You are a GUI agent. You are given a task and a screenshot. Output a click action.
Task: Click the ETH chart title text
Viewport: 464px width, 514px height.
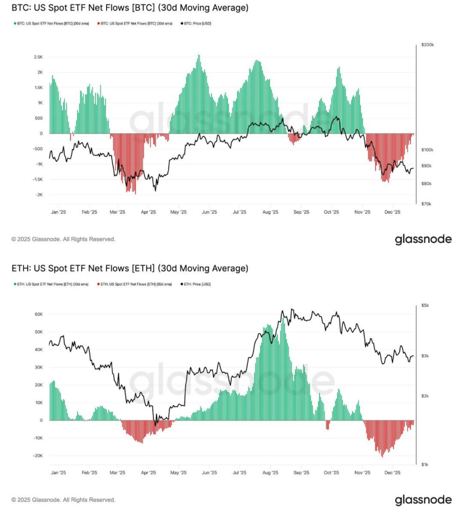pos(130,269)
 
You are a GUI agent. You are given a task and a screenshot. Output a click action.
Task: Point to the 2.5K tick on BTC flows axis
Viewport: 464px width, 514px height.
pos(38,57)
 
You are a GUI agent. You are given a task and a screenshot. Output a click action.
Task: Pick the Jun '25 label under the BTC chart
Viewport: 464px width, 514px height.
pos(210,213)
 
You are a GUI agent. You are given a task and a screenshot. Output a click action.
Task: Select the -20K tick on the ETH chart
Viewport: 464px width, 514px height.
pos(38,456)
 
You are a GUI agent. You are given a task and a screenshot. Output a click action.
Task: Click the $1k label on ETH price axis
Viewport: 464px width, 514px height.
pos(425,464)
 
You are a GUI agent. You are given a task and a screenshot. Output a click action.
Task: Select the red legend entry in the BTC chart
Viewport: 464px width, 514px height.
pos(134,24)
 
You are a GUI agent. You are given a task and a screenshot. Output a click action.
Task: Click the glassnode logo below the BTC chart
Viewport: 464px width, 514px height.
pos(423,240)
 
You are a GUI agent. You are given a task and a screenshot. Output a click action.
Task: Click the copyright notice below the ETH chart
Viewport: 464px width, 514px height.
pos(63,500)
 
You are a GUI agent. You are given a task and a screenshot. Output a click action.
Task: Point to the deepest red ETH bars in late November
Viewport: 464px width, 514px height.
pos(382,454)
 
